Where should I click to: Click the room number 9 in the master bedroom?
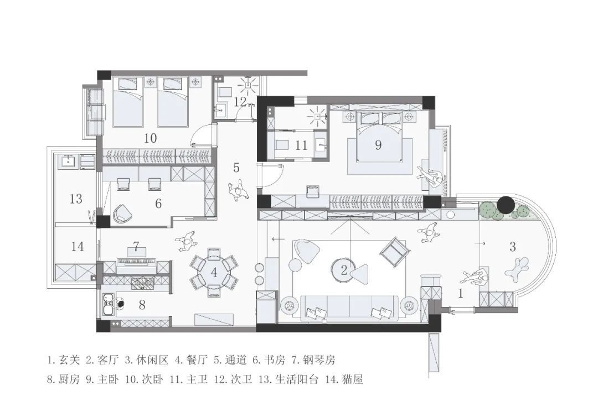tap(378, 145)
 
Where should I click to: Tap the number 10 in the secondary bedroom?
tap(150, 138)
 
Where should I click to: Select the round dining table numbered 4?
tap(214, 272)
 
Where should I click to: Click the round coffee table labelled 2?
tap(344, 270)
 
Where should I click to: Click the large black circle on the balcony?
tap(506, 205)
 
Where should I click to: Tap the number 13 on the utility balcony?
tap(76, 198)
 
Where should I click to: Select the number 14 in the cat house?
tap(78, 246)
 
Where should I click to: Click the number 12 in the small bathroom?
tap(239, 102)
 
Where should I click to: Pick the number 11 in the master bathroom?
tap(301, 146)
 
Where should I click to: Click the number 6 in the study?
tap(158, 204)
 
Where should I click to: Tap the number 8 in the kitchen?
tap(142, 304)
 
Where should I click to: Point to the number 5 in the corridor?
tap(236, 167)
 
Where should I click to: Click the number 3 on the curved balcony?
tap(513, 246)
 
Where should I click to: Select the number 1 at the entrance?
tap(460, 294)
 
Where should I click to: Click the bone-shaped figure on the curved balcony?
tap(517, 269)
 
